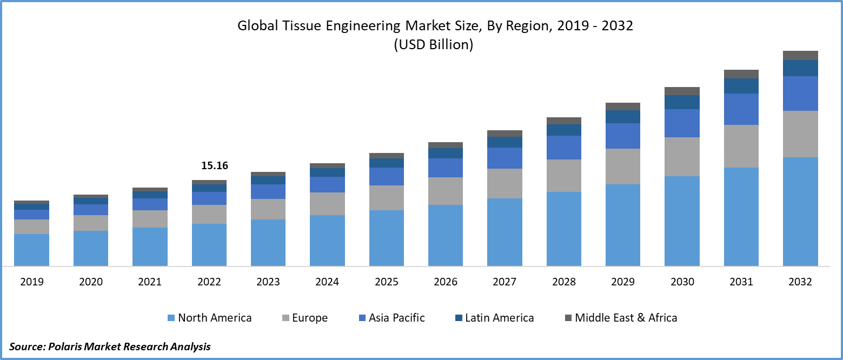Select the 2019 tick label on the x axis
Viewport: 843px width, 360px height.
31,282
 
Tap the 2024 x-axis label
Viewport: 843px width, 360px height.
327,282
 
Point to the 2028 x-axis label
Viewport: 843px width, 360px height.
564,282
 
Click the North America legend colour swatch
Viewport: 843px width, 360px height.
171,318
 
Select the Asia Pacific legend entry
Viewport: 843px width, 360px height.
396,318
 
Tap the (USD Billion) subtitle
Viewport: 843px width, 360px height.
433,45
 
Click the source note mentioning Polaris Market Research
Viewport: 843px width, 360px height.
110,346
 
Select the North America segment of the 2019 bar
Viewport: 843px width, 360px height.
31,250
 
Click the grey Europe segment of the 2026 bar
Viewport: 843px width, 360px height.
446,191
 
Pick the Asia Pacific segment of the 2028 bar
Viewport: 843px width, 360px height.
564,147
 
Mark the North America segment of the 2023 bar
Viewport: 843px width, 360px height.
268,242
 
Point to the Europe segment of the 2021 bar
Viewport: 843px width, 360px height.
150,218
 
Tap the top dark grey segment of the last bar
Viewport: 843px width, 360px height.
800,55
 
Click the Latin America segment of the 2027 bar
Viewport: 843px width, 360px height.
505,142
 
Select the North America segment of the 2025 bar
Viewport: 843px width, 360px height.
387,238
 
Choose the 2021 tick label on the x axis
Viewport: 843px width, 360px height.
150,282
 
